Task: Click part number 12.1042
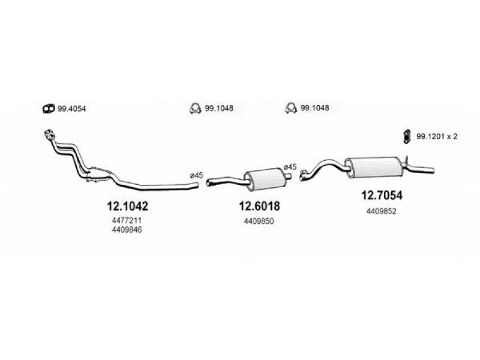[127, 206]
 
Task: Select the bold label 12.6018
[259, 206]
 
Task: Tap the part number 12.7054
[382, 195]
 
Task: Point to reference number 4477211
[127, 220]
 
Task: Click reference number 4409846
[127, 230]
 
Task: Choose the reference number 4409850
[259, 221]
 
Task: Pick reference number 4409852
[382, 211]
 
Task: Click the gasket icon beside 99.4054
[49, 109]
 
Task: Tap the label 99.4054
[71, 109]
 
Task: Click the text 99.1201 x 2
[437, 137]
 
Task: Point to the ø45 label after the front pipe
[197, 175]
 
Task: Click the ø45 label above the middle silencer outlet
[290, 167]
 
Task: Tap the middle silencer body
[265, 179]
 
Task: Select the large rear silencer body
[374, 167]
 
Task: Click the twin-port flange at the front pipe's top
[50, 134]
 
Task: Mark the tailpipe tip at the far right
[433, 170]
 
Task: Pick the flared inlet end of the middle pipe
[210, 183]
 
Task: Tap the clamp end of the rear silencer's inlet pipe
[304, 175]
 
